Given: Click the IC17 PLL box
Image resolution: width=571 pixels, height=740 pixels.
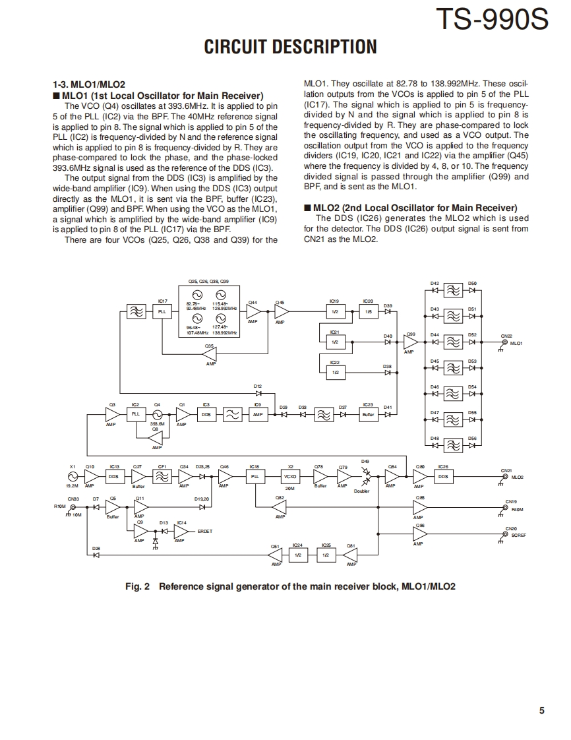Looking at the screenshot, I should (162, 312).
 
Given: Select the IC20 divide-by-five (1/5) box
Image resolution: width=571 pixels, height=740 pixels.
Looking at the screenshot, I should (368, 312).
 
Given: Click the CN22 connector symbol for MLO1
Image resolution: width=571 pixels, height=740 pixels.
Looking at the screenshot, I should (505, 342).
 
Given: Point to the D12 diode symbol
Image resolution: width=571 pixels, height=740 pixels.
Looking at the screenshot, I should (258, 393).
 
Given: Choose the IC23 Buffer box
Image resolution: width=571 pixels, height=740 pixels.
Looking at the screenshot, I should (368, 414).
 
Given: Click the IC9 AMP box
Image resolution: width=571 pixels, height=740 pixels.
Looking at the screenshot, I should (258, 414).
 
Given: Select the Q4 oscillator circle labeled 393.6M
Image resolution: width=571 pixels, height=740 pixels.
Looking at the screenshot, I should (157, 414).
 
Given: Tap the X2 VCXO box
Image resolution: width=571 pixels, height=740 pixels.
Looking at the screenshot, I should (289, 476).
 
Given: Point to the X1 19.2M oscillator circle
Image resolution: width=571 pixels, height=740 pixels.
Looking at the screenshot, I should (73, 476).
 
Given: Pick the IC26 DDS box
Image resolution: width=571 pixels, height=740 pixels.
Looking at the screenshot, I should (443, 476).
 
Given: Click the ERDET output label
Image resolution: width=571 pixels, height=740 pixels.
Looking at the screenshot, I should (205, 531).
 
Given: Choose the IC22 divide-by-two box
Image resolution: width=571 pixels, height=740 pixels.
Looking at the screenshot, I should (335, 373).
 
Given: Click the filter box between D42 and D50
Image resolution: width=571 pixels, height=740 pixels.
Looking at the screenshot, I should (453, 291).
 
